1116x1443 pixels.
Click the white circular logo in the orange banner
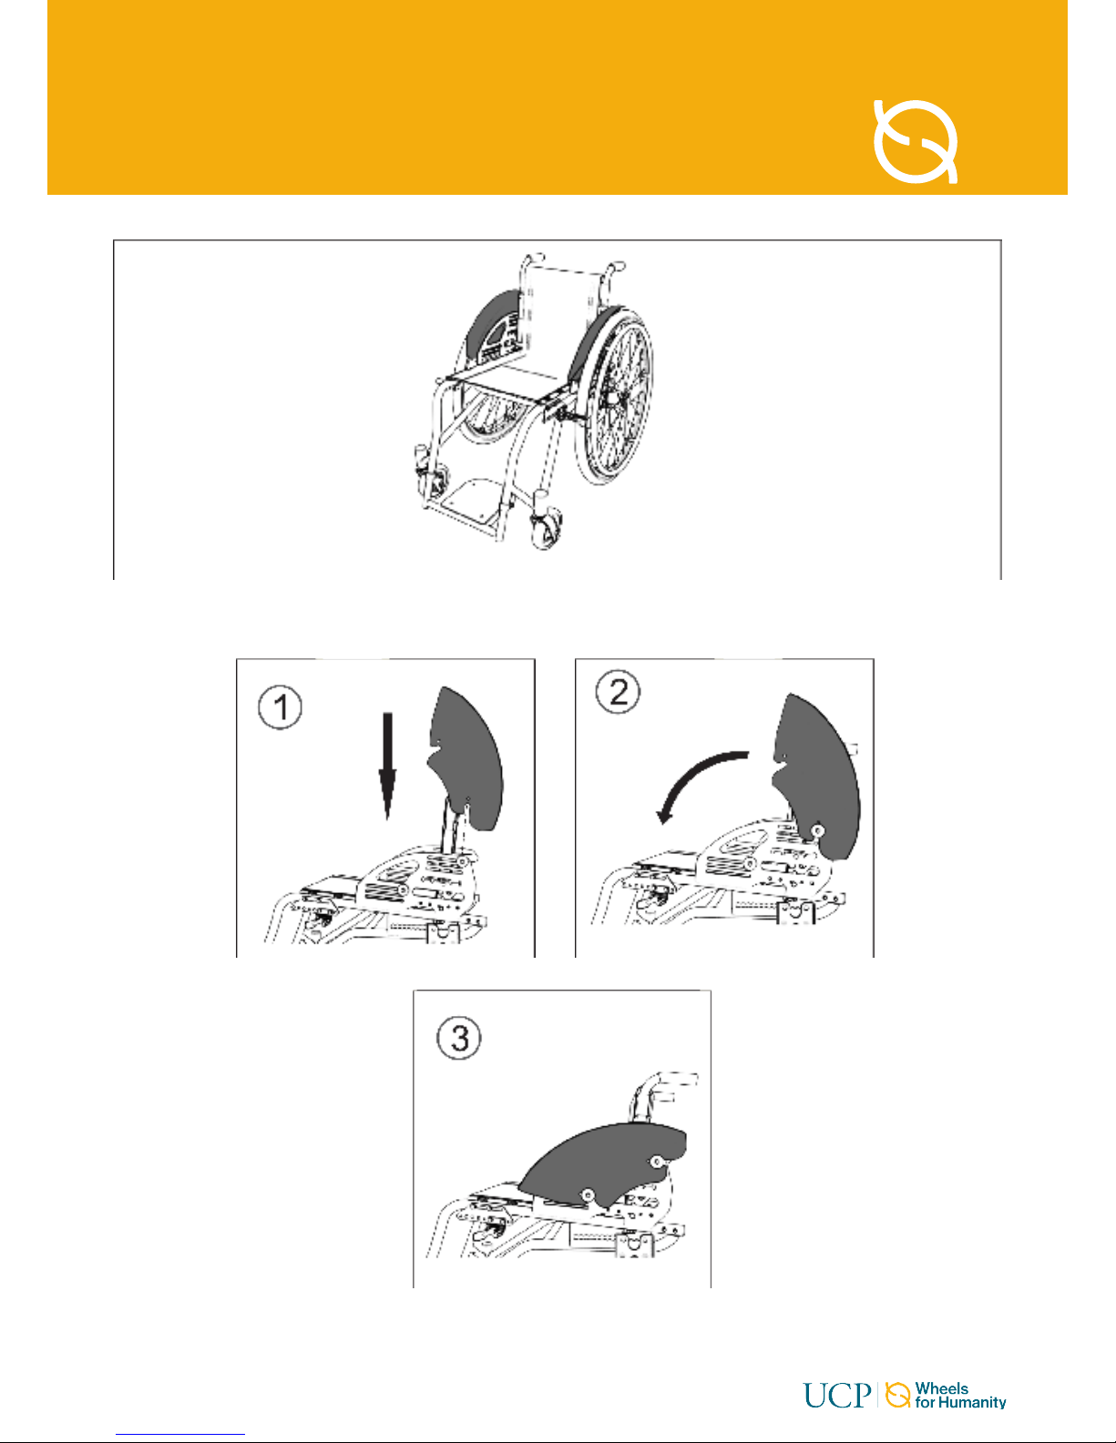(x=915, y=140)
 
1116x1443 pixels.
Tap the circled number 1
(x=280, y=707)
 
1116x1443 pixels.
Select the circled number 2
(x=619, y=691)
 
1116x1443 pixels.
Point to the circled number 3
(x=459, y=1037)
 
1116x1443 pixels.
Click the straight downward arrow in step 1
(x=388, y=766)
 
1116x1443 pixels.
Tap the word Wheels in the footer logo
(x=942, y=1387)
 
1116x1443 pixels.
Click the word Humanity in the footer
(x=972, y=1403)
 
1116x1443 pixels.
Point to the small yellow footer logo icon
(x=897, y=1394)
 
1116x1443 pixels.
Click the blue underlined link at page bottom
(x=180, y=1434)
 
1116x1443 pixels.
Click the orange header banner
(x=558, y=97)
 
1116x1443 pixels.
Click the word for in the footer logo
(x=925, y=1403)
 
